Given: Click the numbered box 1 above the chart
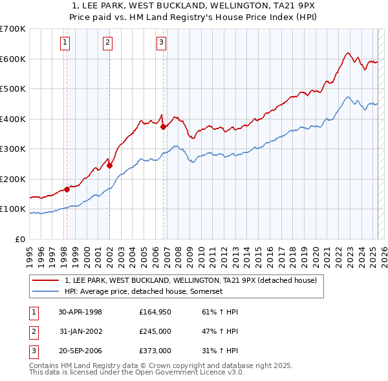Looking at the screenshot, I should (x=66, y=43).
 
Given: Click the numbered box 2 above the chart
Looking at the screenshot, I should (x=107, y=43).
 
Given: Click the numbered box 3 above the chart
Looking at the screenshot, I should (x=160, y=43).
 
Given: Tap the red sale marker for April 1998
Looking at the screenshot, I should (x=67, y=190).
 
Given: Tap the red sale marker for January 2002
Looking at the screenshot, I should (x=110, y=165).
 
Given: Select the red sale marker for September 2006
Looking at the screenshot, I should (x=163, y=127).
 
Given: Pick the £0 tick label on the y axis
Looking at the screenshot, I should (x=19, y=239).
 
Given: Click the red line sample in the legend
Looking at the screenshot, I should (x=45, y=281).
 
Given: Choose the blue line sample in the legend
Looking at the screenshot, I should (x=45, y=291).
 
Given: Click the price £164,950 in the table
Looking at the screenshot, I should (x=155, y=312).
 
